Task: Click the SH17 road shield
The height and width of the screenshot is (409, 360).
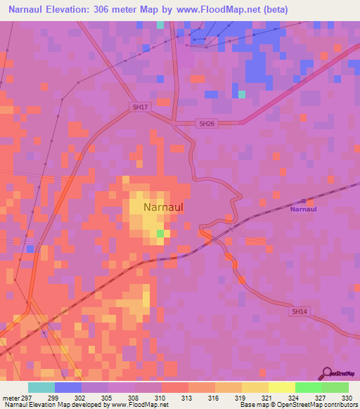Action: click(x=141, y=107)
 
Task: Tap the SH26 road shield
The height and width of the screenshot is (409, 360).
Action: click(x=205, y=124)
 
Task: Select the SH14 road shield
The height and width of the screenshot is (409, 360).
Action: click(x=300, y=311)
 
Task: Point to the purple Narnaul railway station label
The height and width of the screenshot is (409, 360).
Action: click(x=304, y=209)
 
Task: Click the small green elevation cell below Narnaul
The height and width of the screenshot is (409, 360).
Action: click(x=160, y=233)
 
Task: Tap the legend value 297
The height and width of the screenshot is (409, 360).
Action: click(x=27, y=397)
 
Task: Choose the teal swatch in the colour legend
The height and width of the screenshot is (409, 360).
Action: click(x=41, y=387)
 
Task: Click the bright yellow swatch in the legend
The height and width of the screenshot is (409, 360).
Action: click(x=281, y=387)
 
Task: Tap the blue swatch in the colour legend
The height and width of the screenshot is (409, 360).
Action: click(x=67, y=387)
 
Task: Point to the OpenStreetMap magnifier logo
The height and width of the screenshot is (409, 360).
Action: click(x=327, y=372)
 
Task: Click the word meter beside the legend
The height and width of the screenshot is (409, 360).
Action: click(x=9, y=397)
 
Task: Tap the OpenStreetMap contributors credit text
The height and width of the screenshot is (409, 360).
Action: click(x=309, y=405)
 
